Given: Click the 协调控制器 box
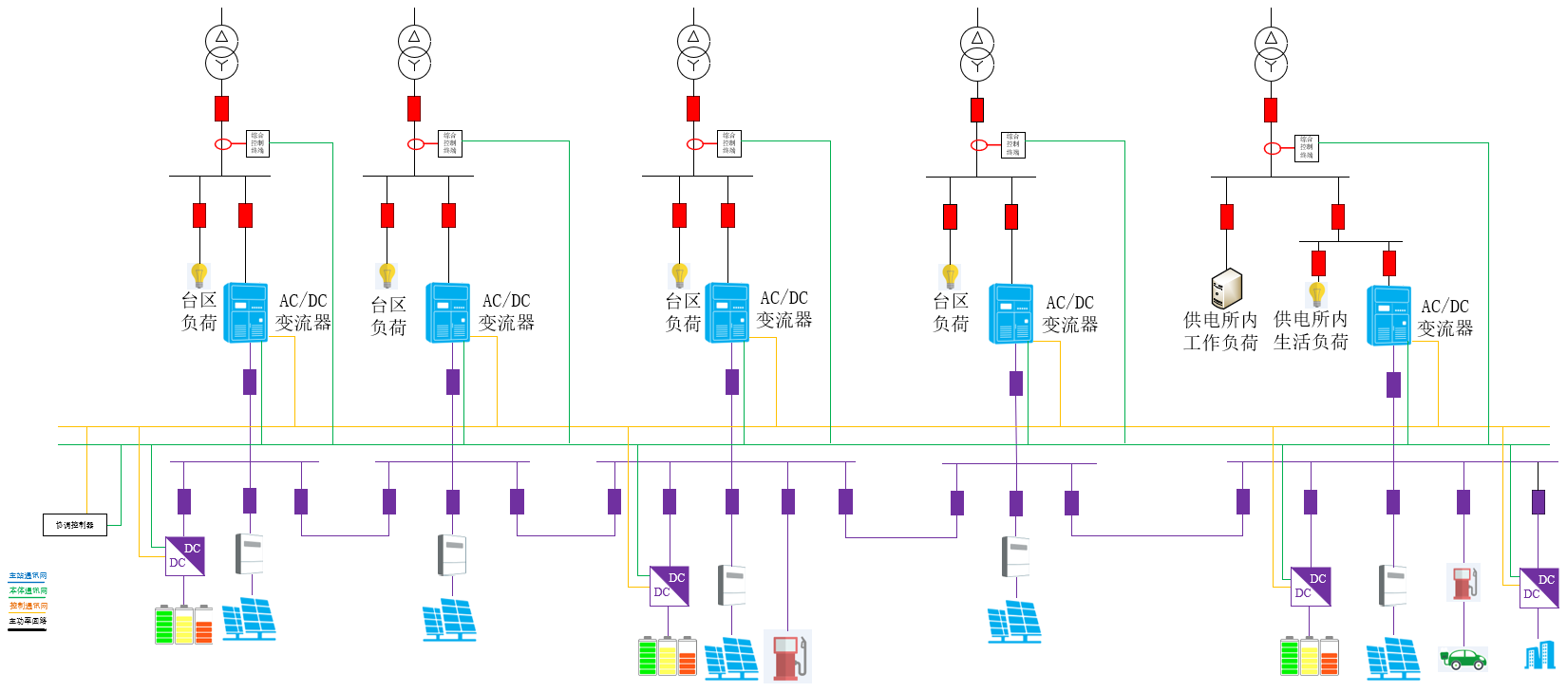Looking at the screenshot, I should click(x=74, y=524).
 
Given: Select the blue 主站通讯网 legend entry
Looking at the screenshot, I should click(x=28, y=576).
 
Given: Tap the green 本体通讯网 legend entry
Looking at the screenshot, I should click(x=28, y=591).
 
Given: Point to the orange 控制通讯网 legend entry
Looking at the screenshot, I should click(x=28, y=606).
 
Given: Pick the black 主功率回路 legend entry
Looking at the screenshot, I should click(x=28, y=621).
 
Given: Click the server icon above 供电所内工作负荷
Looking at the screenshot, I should click(x=1226, y=288).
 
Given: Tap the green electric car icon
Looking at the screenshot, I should click(x=1463, y=658).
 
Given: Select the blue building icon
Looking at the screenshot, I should click(x=1539, y=655).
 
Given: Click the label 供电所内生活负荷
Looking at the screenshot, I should click(x=1311, y=330).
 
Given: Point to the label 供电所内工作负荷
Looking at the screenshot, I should click(x=1220, y=331).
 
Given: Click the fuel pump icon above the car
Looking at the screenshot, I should click(x=1463, y=582).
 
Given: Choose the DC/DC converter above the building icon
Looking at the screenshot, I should click(x=1539, y=588).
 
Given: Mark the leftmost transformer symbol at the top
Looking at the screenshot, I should click(x=221, y=52).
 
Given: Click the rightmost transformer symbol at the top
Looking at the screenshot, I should click(x=1271, y=53).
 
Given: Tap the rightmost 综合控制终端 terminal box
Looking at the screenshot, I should click(x=1307, y=148).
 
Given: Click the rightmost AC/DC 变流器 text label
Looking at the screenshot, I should click(x=1444, y=317).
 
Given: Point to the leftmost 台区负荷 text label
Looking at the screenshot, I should click(x=199, y=311).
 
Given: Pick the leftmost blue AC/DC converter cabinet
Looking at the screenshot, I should click(x=245, y=311).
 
